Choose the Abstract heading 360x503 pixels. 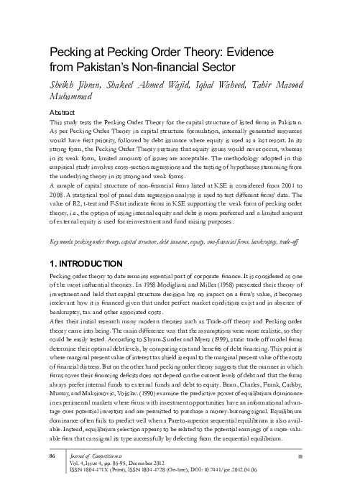63,114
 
